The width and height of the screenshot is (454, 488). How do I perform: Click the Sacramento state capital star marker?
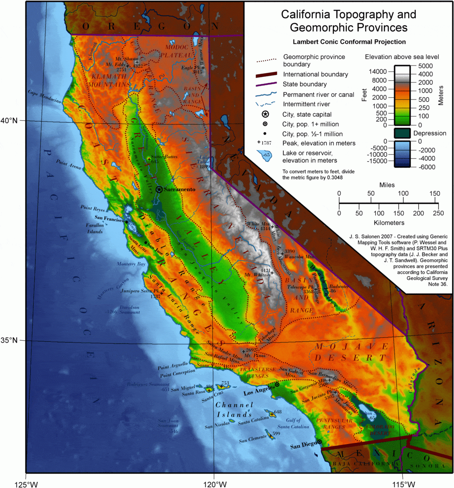pos(159,189)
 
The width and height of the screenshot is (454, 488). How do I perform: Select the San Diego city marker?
pos(319,441)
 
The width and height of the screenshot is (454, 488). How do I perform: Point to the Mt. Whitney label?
pos(257,275)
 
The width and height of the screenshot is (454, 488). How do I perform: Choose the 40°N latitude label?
pos(9,120)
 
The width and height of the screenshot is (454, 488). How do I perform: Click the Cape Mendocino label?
pos(45,97)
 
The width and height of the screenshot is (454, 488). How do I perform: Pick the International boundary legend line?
pos(266,74)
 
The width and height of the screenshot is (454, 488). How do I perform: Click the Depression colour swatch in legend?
pos(402,133)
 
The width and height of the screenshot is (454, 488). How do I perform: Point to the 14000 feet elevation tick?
pos(383,72)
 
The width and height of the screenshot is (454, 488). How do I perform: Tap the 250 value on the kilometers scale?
pos(438,213)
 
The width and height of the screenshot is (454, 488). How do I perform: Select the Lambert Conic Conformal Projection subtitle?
pos(349,41)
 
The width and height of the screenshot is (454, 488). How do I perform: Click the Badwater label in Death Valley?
pos(338,287)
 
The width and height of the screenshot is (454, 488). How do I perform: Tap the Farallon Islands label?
pos(94,228)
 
